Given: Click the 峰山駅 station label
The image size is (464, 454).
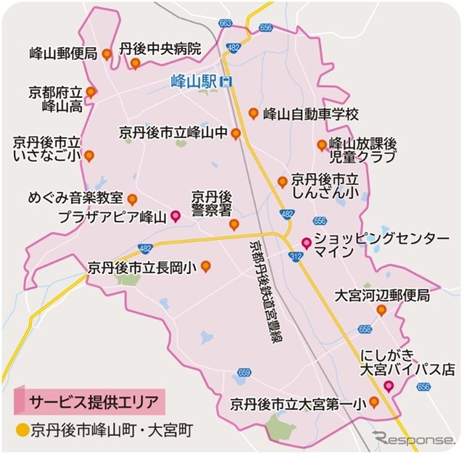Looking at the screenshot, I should pos(196,81).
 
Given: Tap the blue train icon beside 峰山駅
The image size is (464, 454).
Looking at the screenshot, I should pos(227,81).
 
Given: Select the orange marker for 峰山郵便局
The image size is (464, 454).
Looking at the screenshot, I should pos(107,53).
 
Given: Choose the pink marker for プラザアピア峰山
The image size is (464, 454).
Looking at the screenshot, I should pos(175,215).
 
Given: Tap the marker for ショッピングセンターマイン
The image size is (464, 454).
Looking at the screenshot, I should pos(306,242).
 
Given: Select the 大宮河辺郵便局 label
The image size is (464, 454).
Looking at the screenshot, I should pos(382,295).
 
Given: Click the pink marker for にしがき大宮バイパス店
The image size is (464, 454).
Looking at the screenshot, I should pos(389,385).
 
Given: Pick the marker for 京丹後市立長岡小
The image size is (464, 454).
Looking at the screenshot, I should pos(205,266).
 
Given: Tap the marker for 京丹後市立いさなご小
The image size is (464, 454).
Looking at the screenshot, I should pos(89,155).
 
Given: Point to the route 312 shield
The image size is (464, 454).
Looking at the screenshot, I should pos(296,257).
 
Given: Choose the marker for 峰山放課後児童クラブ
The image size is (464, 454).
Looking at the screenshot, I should pos(321,145).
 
